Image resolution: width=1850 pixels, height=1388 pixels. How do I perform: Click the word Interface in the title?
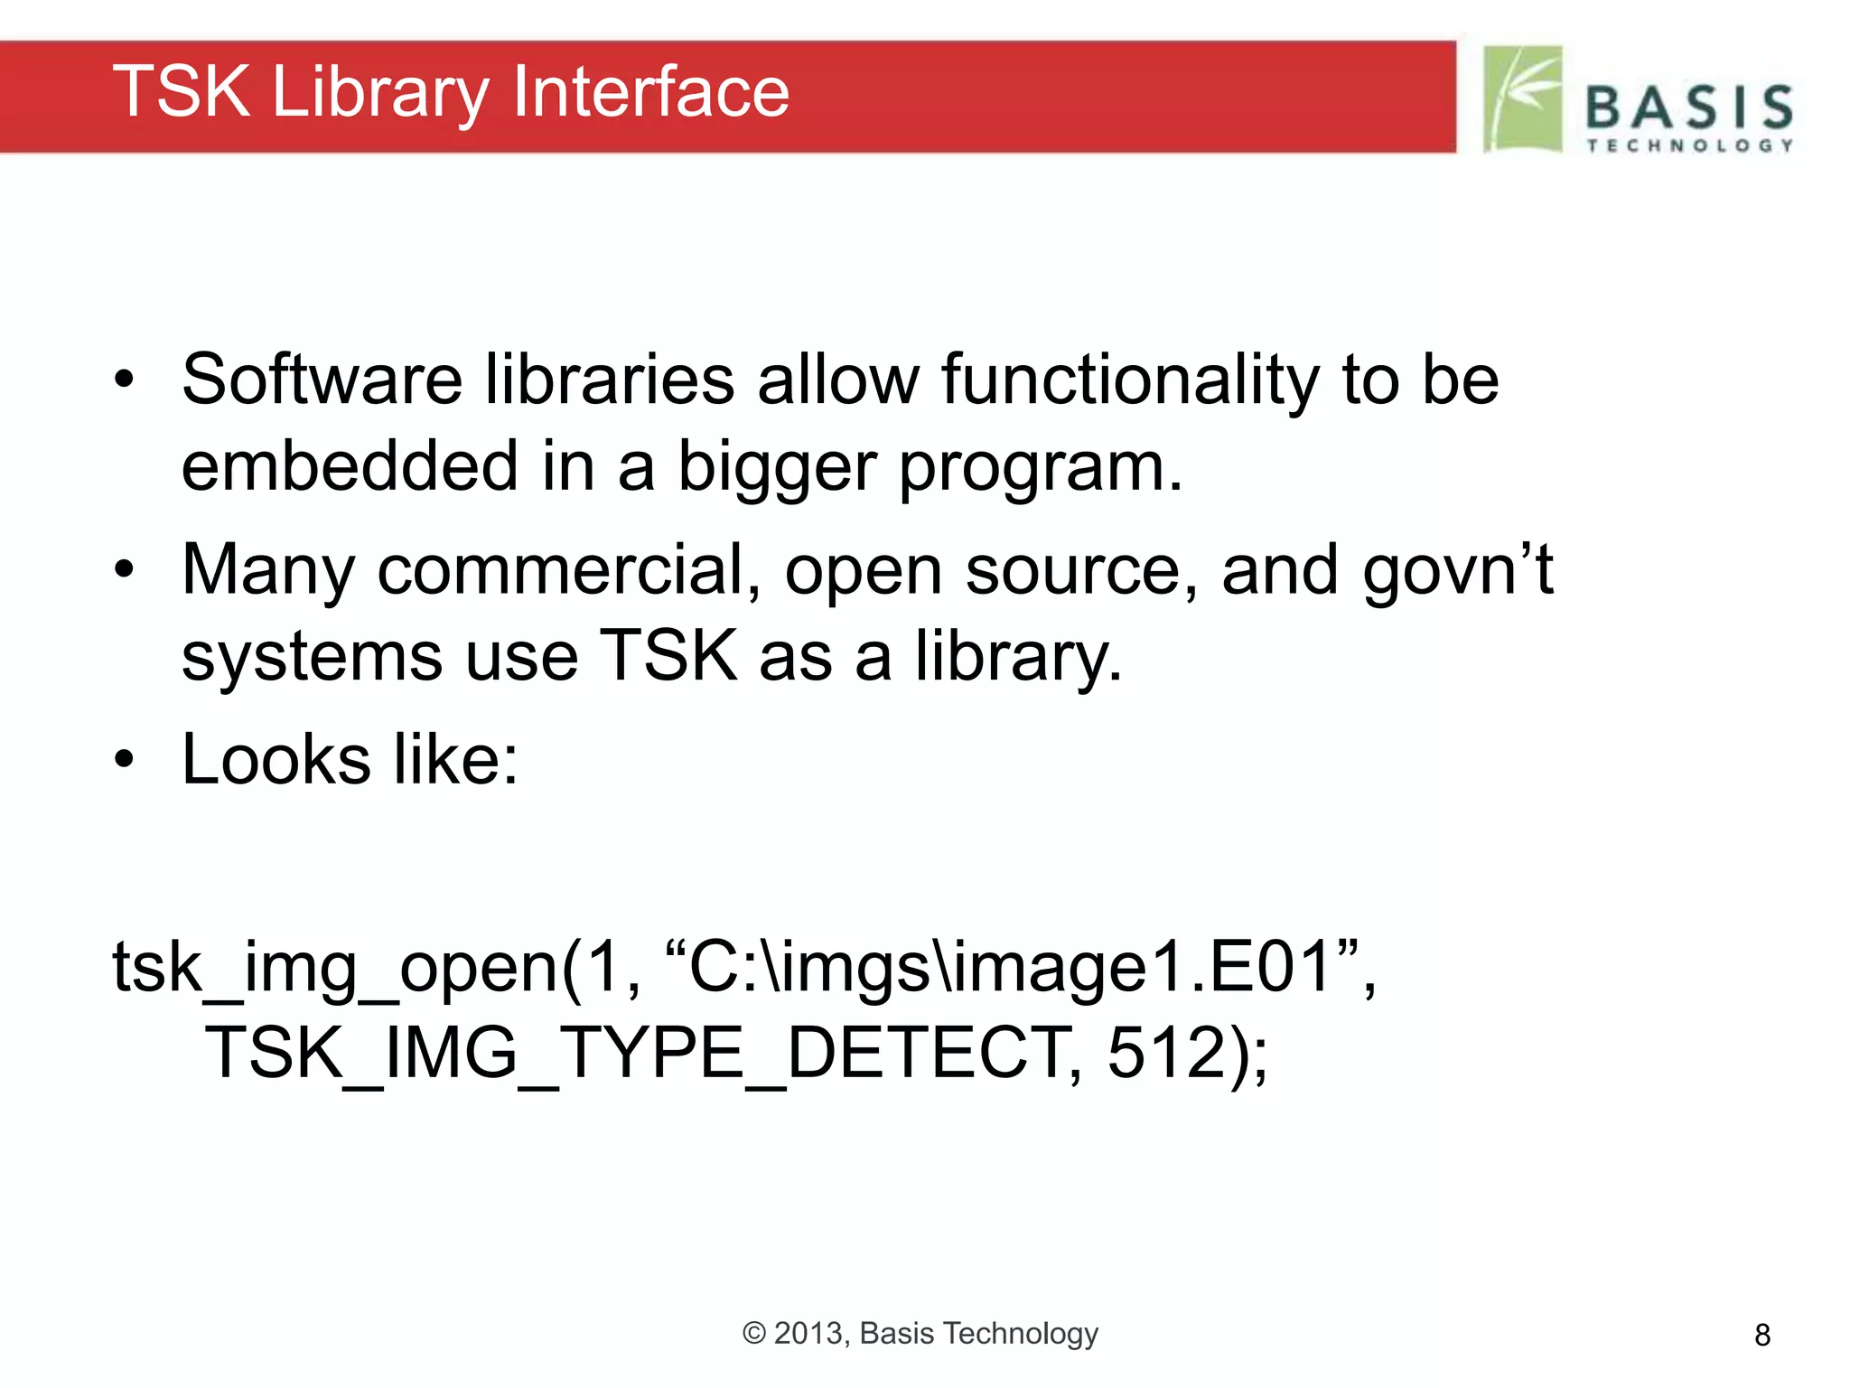[x=650, y=92]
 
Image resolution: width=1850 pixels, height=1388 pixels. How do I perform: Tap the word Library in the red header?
[x=379, y=94]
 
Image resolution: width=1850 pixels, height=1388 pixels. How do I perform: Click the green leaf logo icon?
[x=1523, y=98]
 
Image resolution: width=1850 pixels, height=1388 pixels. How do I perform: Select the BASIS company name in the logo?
[x=1689, y=108]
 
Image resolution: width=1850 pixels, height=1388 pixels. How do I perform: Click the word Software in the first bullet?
[x=322, y=380]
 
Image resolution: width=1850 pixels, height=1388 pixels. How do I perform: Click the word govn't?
[x=1458, y=571]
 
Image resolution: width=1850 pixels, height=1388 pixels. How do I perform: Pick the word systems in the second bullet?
[x=312, y=657]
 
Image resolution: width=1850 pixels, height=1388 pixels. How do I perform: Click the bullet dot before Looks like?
[x=124, y=760]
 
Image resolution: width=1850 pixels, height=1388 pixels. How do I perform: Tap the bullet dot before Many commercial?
[x=124, y=570]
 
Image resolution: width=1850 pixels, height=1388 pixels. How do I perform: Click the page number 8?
[x=1761, y=1335]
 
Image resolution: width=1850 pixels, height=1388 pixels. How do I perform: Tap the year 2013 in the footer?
[x=809, y=1334]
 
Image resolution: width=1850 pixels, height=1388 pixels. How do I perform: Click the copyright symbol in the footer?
[x=754, y=1334]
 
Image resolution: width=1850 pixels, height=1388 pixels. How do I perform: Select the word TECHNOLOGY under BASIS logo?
[x=1689, y=145]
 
